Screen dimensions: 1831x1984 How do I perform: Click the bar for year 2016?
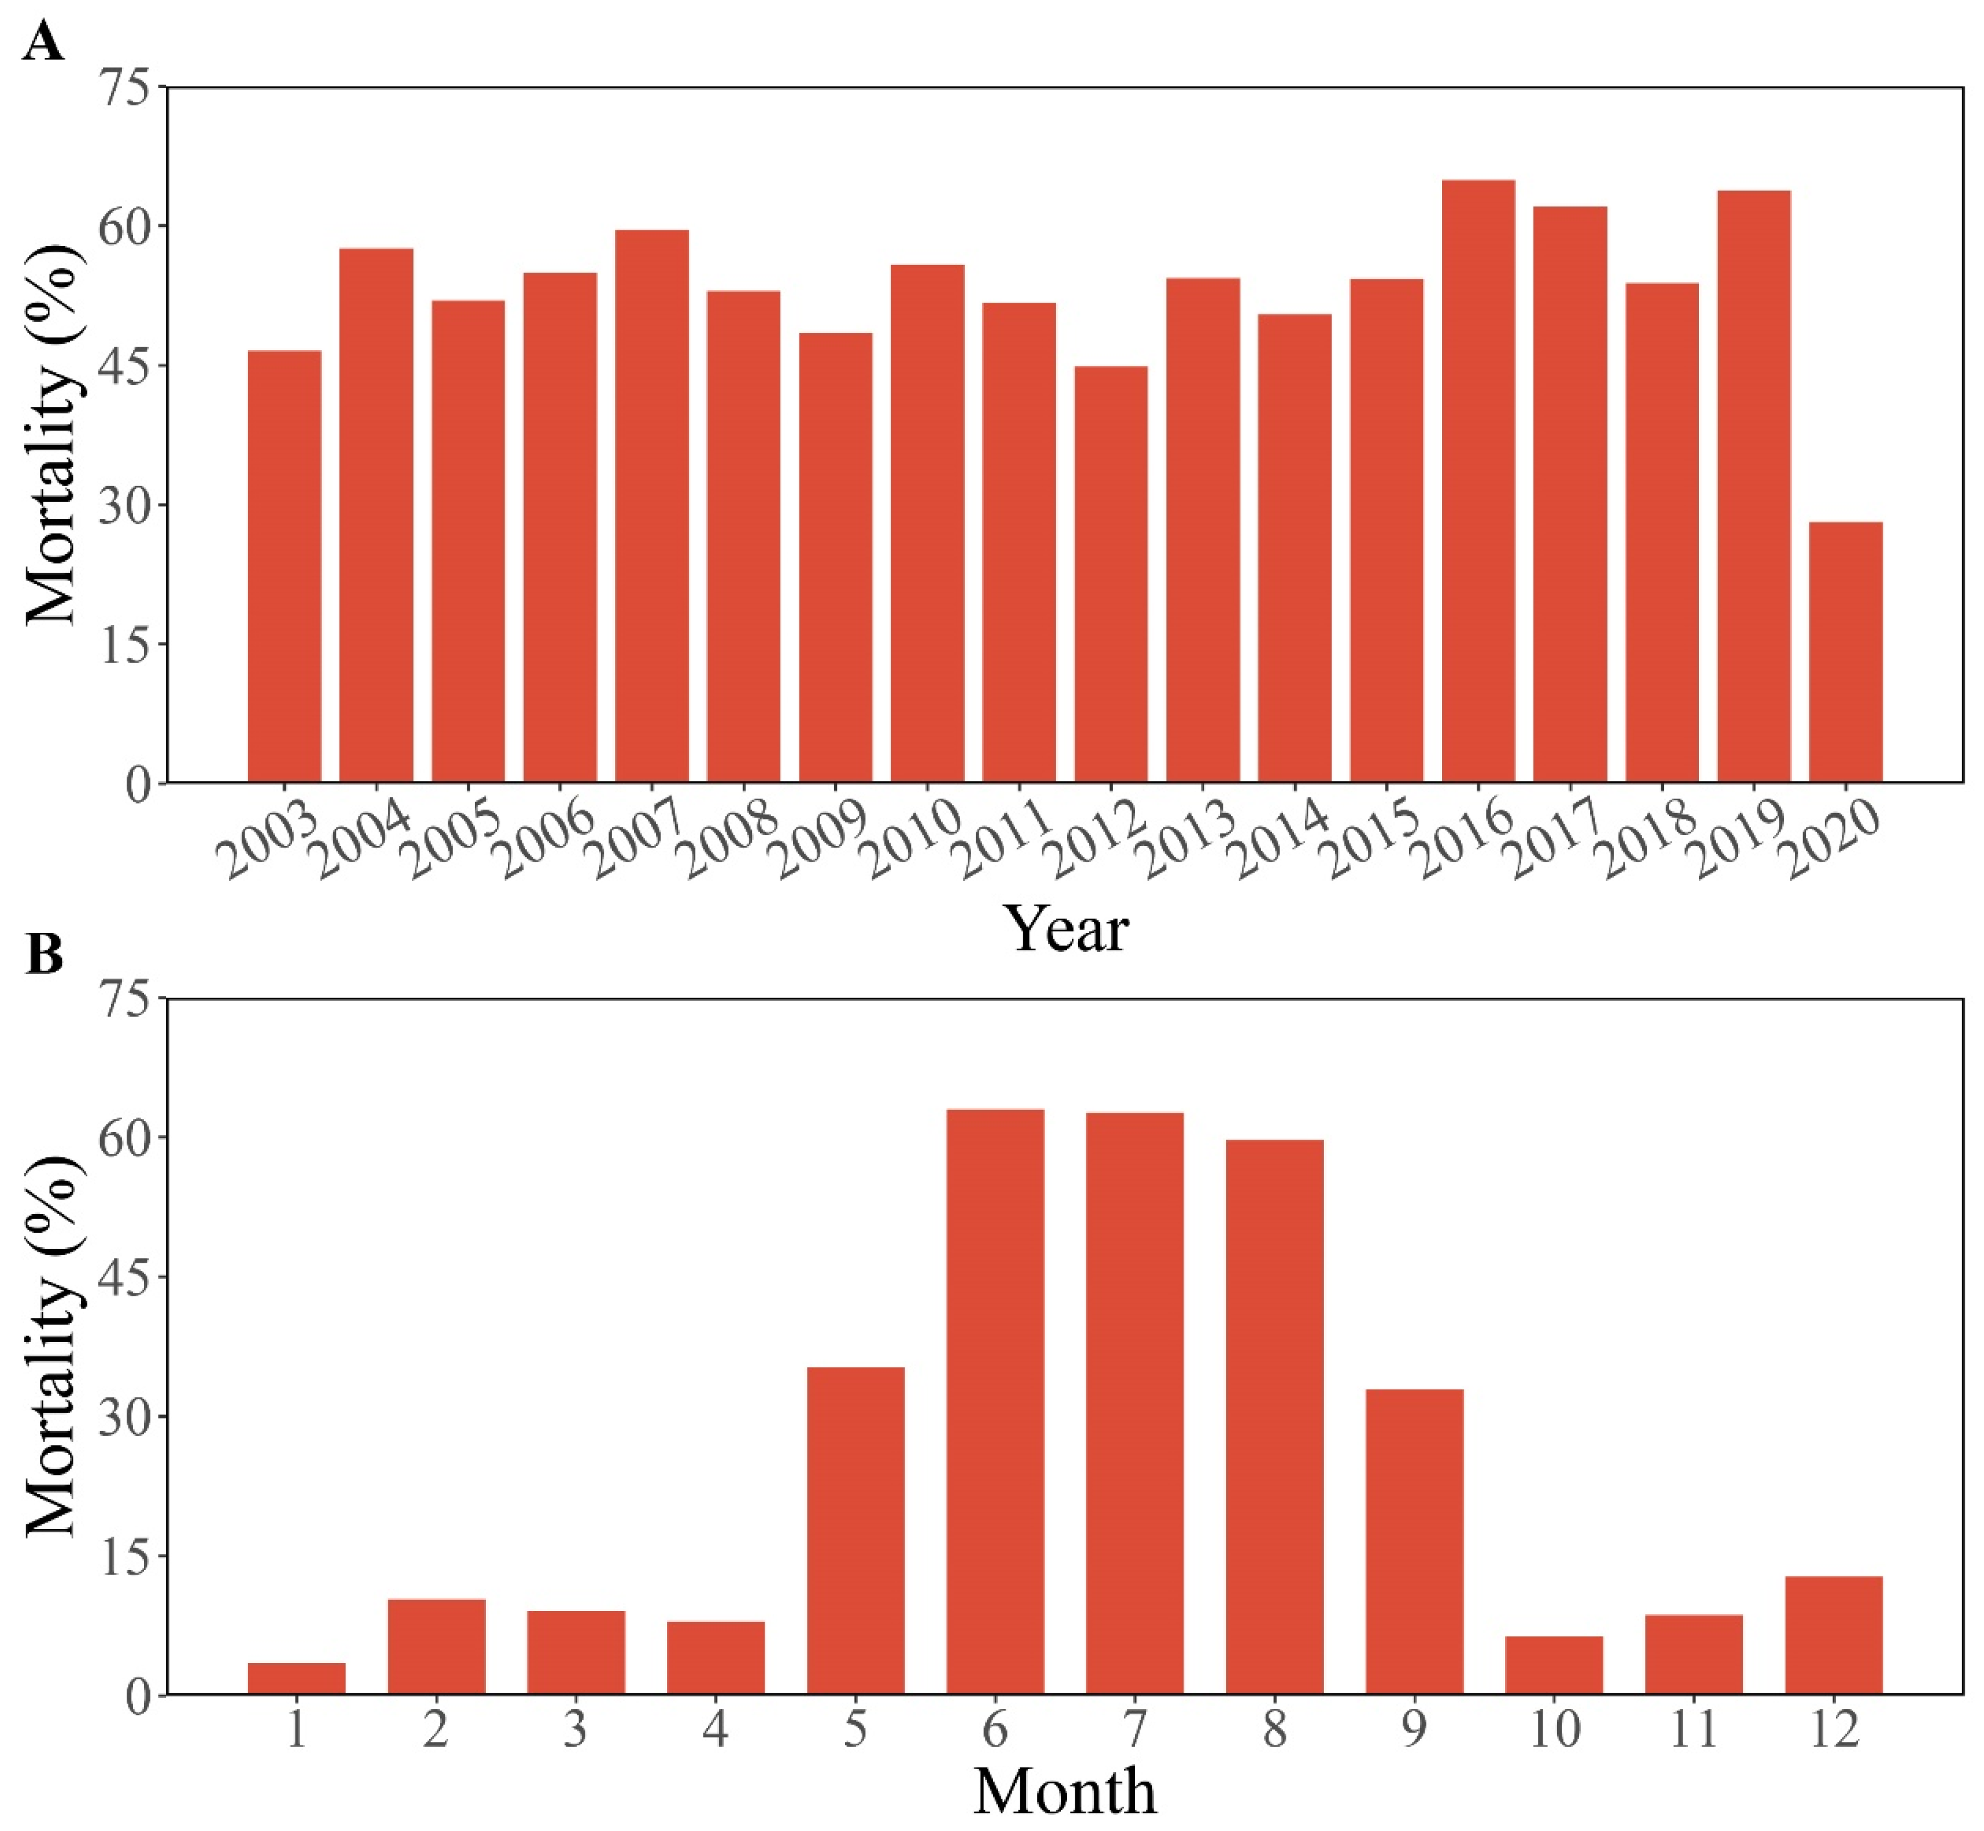[x=1478, y=480]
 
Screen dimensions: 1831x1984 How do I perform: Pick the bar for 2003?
[x=284, y=566]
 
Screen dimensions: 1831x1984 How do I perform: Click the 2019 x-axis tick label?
[x=1738, y=840]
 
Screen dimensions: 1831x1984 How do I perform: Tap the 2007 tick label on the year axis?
[x=637, y=840]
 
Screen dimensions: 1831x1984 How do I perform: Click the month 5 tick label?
[x=855, y=1730]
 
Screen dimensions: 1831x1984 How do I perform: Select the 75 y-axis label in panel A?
[x=127, y=88]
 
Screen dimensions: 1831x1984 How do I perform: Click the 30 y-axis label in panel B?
[x=127, y=1417]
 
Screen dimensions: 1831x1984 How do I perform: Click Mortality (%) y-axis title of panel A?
[x=51, y=436]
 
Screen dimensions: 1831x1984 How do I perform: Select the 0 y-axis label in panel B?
[x=139, y=1696]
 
